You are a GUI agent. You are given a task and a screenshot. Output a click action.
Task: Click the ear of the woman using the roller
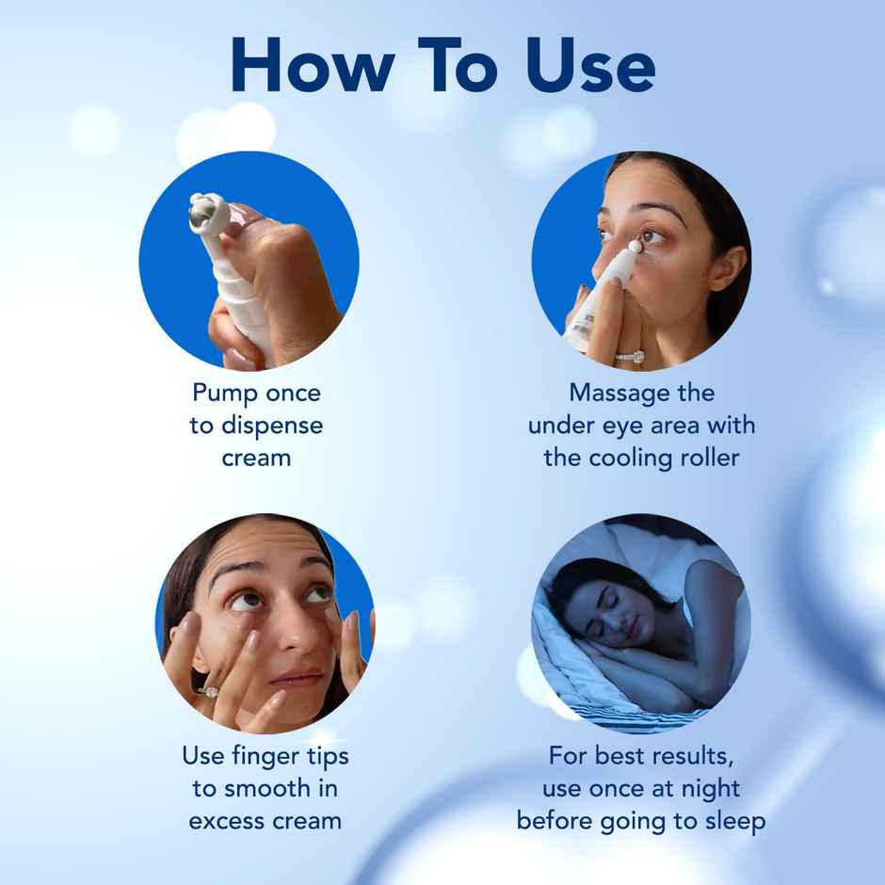click(727, 268)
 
